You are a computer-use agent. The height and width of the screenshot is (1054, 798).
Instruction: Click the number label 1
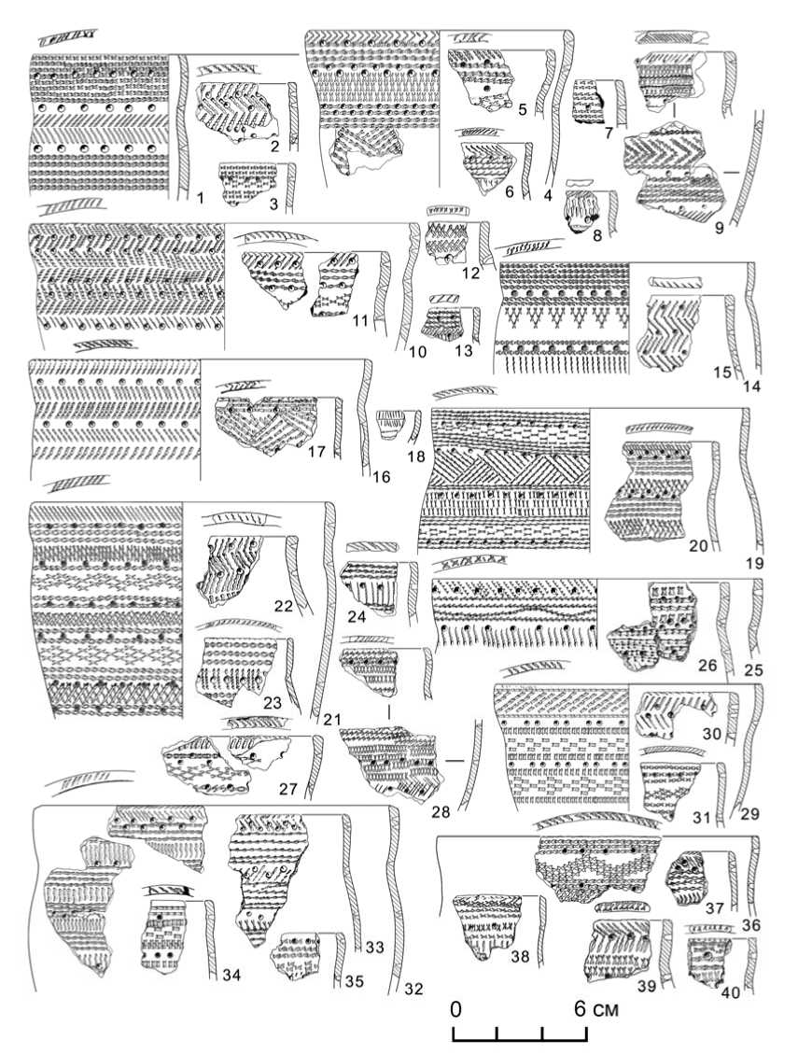click(x=200, y=197)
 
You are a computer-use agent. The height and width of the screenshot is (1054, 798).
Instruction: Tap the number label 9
click(x=719, y=228)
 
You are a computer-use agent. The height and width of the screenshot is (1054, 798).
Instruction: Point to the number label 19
click(x=755, y=563)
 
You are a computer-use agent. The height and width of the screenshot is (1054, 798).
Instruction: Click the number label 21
click(x=332, y=720)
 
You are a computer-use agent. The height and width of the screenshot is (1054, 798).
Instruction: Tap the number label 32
click(x=414, y=989)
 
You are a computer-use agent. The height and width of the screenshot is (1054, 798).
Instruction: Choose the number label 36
click(x=751, y=925)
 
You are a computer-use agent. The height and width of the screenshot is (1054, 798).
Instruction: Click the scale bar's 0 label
click(x=456, y=1008)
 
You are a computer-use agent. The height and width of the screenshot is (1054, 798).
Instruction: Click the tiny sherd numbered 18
click(x=390, y=424)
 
